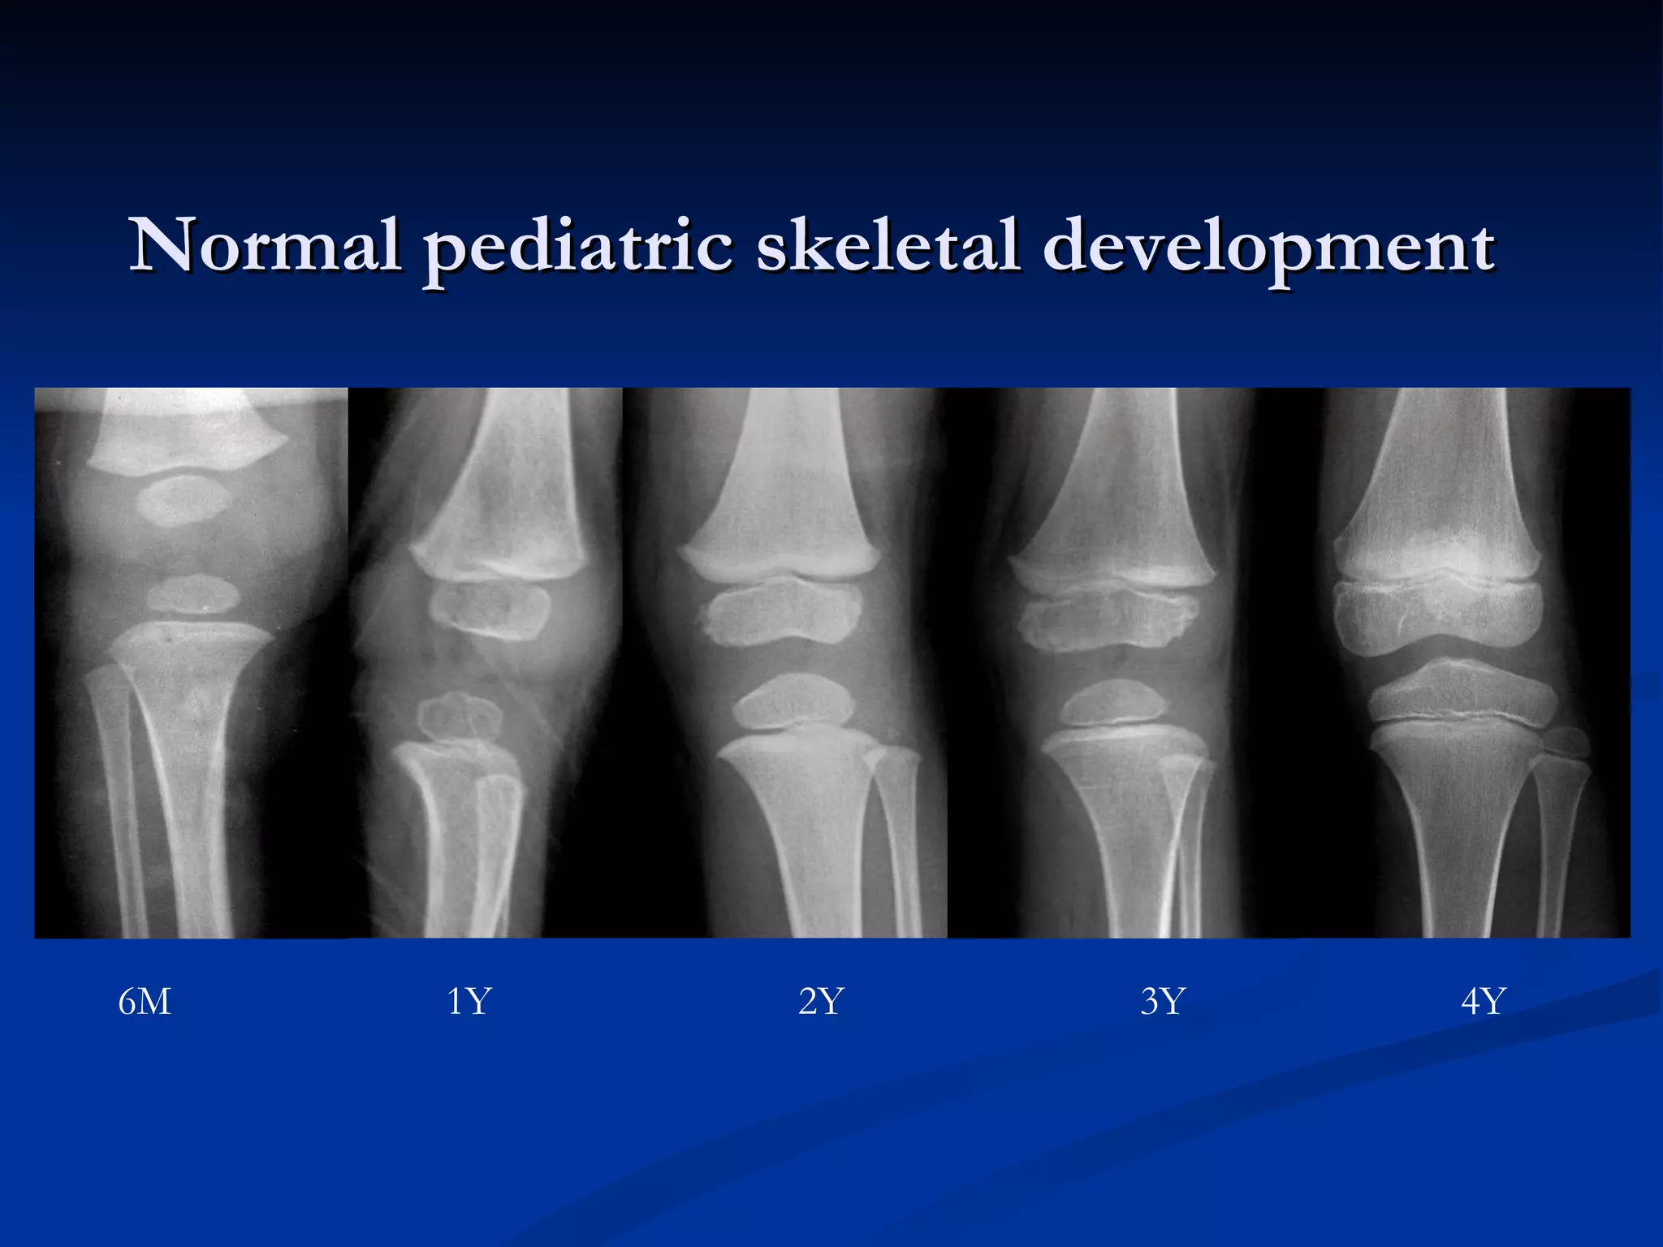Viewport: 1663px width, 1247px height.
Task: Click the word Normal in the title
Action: click(265, 244)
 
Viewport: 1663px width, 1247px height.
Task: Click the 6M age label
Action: click(145, 1002)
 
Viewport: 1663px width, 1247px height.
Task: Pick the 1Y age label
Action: click(469, 1002)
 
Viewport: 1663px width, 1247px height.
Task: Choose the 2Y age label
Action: click(821, 1002)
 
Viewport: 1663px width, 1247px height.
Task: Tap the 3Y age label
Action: click(1163, 1002)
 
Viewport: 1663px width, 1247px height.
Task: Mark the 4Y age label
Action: click(1483, 1002)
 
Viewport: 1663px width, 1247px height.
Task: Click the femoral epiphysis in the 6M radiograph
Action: click(183, 501)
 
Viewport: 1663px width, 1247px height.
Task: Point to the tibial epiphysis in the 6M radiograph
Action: click(193, 594)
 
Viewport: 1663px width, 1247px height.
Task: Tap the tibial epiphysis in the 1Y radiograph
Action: click(460, 717)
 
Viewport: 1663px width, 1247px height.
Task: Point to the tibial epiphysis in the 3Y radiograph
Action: click(1113, 703)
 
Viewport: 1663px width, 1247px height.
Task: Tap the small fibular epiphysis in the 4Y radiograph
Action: click(1566, 743)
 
